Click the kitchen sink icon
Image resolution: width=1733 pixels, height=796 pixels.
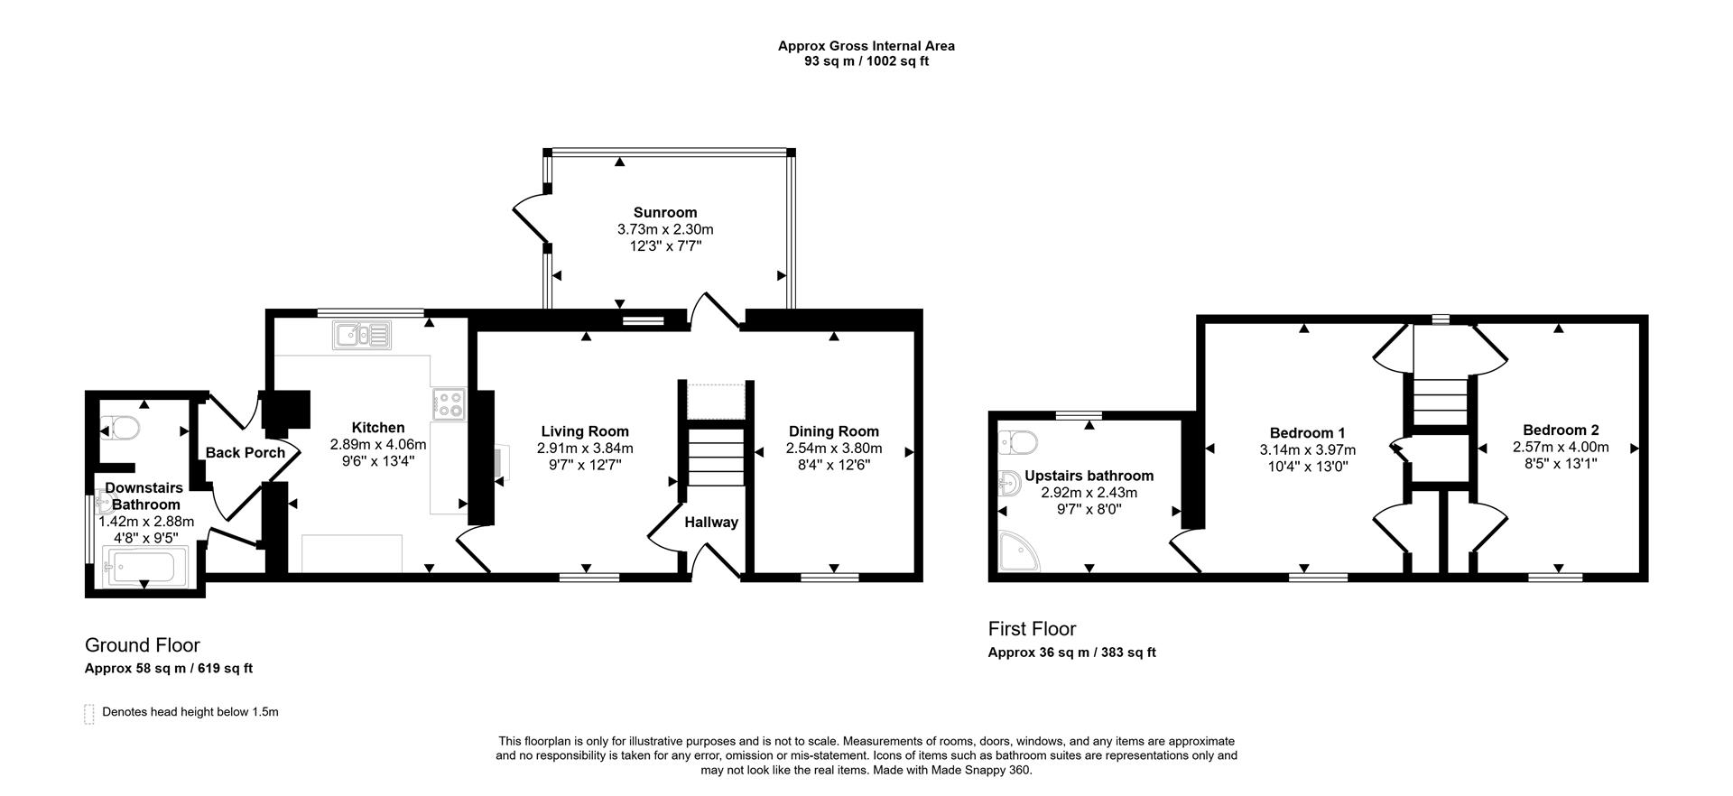pos(361,335)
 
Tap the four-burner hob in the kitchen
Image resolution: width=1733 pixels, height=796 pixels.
pos(449,403)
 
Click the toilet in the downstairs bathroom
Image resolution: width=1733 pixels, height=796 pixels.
pos(121,427)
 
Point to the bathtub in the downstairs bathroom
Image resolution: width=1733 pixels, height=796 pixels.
pos(144,568)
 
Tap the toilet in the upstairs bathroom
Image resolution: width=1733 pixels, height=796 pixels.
pos(1019,443)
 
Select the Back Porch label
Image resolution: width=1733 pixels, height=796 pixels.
pos(245,453)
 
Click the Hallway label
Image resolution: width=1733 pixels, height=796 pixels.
pos(711,522)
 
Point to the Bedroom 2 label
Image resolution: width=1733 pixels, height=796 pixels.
pos(1561,430)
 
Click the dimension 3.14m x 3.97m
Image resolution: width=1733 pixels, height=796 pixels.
pos(1307,449)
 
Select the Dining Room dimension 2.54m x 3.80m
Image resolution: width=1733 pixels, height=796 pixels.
pos(834,448)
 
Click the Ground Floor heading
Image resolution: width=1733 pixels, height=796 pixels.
pos(143,645)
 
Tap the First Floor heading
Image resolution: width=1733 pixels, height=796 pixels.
pos(1032,628)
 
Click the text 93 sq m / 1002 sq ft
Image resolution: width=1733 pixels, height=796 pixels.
pos(866,61)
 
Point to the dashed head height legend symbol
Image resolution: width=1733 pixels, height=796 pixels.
pos(88,714)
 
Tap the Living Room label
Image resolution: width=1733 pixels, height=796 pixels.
pos(585,431)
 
